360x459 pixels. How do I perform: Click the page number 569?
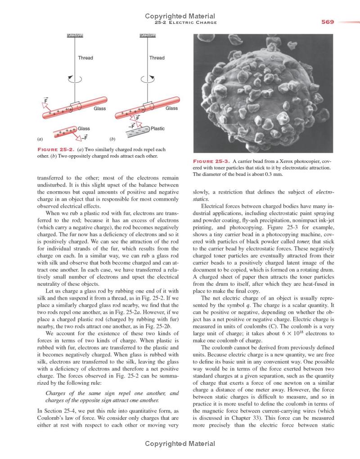328,22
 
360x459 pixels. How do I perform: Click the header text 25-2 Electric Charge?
185,22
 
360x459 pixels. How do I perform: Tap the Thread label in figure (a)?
85,58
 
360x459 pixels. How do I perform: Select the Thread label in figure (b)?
157,58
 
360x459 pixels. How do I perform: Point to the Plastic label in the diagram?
157,129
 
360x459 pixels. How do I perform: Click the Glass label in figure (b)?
171,108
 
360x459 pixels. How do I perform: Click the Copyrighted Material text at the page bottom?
180,444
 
